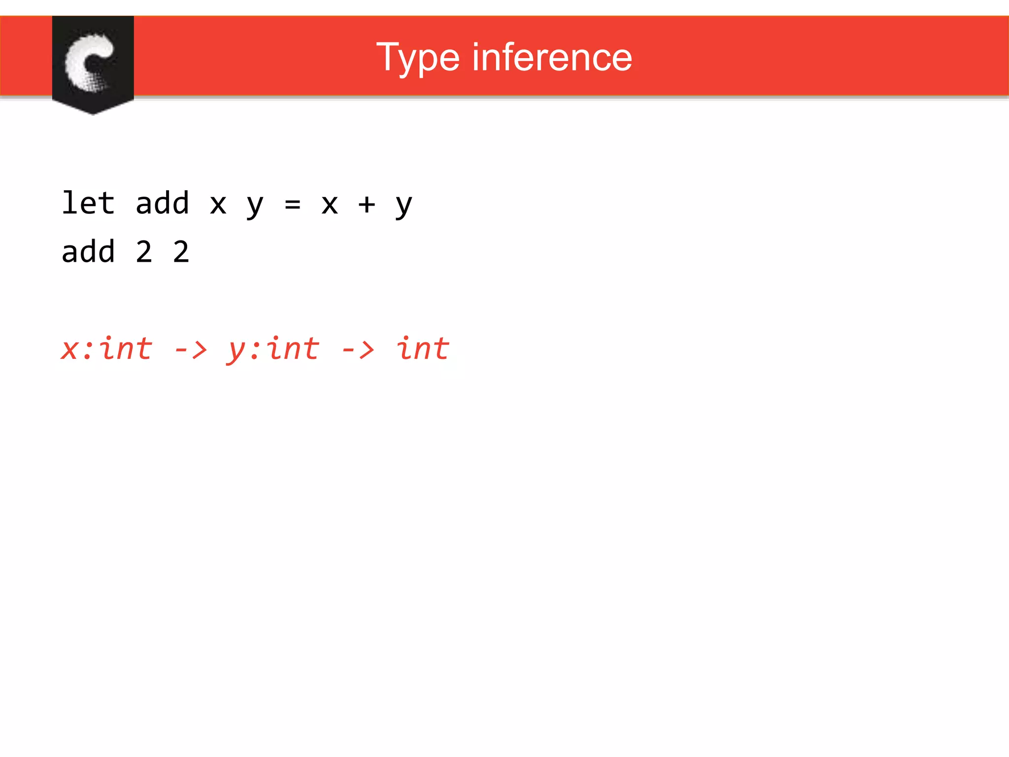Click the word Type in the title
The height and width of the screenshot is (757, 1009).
[418, 58]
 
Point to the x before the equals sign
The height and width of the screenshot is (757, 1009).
[218, 204]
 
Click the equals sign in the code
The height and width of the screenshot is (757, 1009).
[293, 204]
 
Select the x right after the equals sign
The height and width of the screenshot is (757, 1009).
[330, 204]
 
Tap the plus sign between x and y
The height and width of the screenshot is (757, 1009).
[367, 204]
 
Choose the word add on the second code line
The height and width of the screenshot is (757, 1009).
[88, 251]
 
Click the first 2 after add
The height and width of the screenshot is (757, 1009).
[144, 252]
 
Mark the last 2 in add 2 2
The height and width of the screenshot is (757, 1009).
[181, 252]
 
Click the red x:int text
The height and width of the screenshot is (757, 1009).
[106, 349]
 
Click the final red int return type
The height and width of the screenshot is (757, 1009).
[423, 349]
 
